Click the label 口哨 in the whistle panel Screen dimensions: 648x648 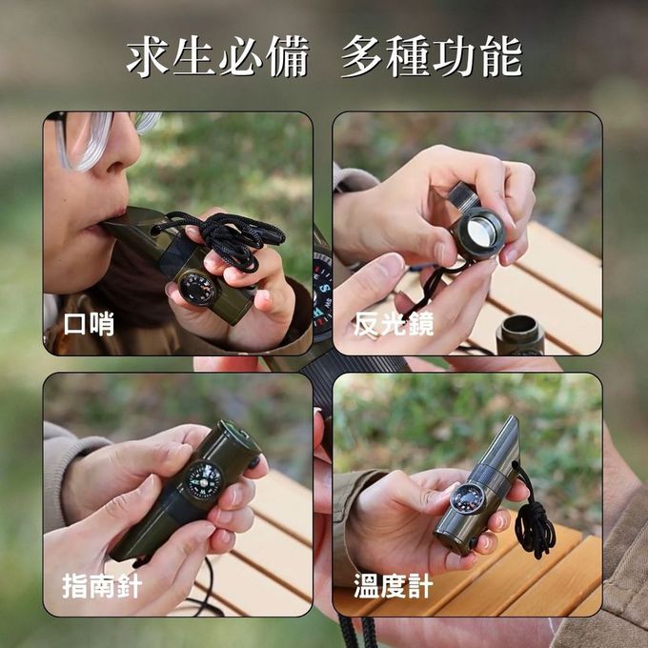point(89,324)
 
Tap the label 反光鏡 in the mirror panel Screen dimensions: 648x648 point(394,324)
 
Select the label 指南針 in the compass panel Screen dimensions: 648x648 point(102,586)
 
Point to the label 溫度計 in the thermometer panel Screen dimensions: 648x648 point(394,586)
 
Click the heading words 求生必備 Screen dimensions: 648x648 point(218,56)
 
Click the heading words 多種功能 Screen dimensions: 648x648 point(432,56)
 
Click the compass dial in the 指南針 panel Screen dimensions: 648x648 point(204,479)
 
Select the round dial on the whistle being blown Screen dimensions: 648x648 point(198,289)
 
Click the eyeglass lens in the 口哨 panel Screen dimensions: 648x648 point(88,140)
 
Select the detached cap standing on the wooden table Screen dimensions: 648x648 point(520,334)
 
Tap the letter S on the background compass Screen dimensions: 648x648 point(325,288)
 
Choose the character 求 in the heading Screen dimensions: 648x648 point(147,56)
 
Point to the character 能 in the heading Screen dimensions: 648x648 point(502,56)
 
